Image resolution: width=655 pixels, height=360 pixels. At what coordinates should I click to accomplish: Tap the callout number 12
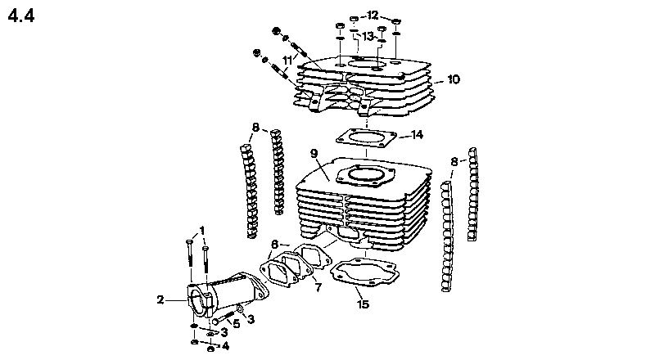(373, 16)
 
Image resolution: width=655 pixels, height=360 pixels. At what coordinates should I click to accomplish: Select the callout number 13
(368, 36)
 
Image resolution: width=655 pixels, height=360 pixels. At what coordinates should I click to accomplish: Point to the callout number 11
(287, 60)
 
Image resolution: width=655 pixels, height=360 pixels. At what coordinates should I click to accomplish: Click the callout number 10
(453, 80)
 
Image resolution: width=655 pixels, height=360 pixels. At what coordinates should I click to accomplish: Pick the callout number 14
(417, 134)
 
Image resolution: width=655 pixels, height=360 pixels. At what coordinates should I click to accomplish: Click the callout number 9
(313, 153)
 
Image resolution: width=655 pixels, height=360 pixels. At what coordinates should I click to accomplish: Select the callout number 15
(364, 305)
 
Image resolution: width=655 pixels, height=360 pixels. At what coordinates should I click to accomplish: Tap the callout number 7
(317, 287)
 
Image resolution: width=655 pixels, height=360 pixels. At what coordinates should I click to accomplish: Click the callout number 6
(275, 243)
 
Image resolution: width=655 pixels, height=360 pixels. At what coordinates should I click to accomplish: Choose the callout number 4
(226, 346)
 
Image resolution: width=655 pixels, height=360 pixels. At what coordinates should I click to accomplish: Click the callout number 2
(160, 299)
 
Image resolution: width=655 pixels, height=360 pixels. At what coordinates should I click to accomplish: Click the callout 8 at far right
(453, 161)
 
